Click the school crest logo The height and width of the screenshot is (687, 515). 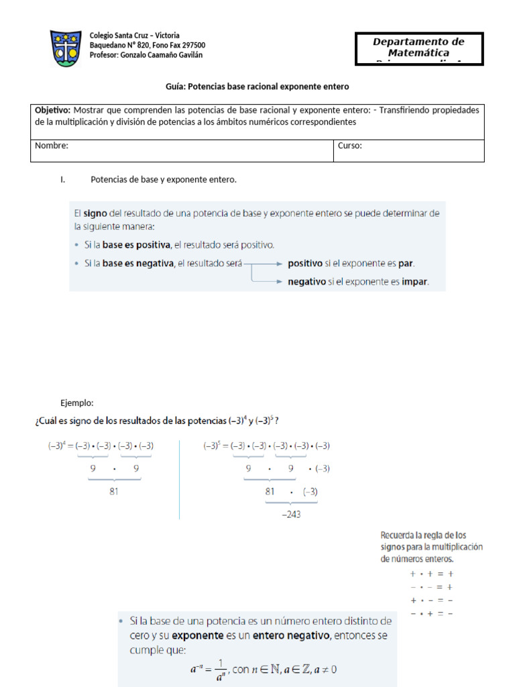pyautogui.click(x=68, y=48)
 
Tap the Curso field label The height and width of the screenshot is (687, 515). pyautogui.click(x=349, y=146)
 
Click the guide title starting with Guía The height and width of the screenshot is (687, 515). pyautogui.click(x=257, y=87)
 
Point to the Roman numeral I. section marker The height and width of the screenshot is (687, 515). pyautogui.click(x=62, y=180)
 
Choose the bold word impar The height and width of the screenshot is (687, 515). pyautogui.click(x=414, y=282)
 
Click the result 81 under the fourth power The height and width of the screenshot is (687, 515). pyautogui.click(x=113, y=490)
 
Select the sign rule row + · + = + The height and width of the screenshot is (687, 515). pyautogui.click(x=432, y=574)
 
